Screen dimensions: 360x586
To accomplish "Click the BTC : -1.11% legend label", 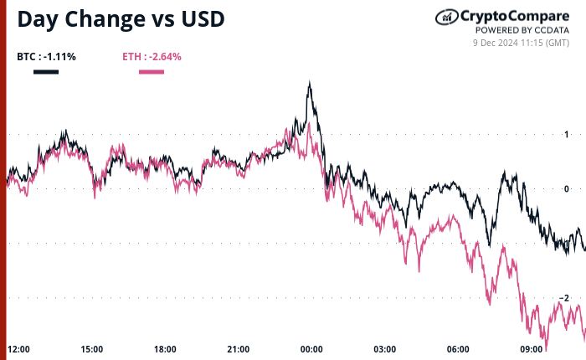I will click(46, 57).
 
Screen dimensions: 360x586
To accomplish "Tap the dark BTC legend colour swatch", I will click(46, 72).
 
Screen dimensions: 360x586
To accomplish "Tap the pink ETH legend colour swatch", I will click(152, 72).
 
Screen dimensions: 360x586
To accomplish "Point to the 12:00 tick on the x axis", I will click(18, 349).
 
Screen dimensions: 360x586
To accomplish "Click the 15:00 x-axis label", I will click(92, 349).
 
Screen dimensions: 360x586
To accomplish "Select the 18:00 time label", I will click(165, 349).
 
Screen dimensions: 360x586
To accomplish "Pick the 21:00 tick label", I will click(239, 349).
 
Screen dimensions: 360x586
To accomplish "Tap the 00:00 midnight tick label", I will click(311, 349).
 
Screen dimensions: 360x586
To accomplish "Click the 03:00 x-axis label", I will click(385, 349).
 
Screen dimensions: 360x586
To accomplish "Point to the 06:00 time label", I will click(458, 349).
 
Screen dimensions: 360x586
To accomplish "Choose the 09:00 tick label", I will click(532, 349).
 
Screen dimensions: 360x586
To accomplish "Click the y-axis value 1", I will click(567, 135).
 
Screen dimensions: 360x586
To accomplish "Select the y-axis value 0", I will click(567, 189).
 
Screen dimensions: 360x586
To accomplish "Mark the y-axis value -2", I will click(565, 298).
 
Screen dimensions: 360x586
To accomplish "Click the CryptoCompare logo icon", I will click(445, 16).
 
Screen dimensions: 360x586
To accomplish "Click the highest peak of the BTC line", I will click(310, 82).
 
